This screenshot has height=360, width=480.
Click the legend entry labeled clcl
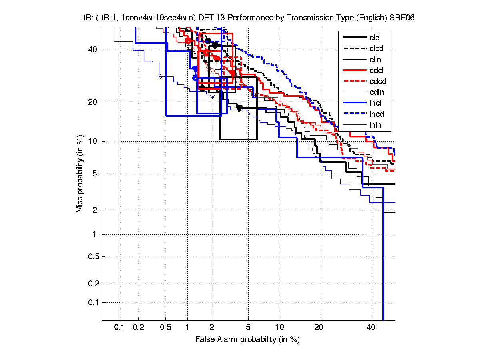click(x=375, y=38)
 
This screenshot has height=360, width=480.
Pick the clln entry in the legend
click(x=375, y=60)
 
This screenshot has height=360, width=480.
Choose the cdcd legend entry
click(x=378, y=82)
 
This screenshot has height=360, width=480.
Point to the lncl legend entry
click(x=375, y=103)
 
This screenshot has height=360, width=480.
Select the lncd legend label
click(x=376, y=114)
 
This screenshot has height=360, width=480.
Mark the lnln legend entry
click(x=375, y=125)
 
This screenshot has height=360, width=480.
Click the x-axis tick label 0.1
click(x=120, y=328)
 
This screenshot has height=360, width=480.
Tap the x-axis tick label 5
click(x=248, y=328)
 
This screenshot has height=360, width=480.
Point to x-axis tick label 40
click(x=371, y=328)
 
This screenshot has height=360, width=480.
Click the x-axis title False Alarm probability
click(x=247, y=340)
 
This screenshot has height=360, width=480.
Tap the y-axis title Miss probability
click(x=80, y=174)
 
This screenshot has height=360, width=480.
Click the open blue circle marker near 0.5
click(x=159, y=76)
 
